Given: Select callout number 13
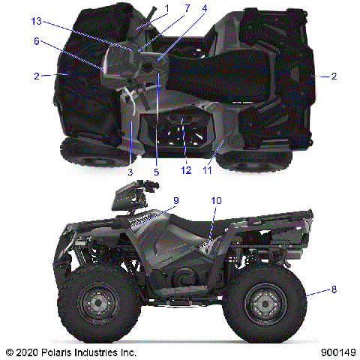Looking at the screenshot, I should tap(36, 21).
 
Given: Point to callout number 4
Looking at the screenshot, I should tap(204, 9).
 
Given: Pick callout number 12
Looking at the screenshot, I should tap(184, 172).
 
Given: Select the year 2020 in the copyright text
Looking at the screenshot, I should tap(28, 351).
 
